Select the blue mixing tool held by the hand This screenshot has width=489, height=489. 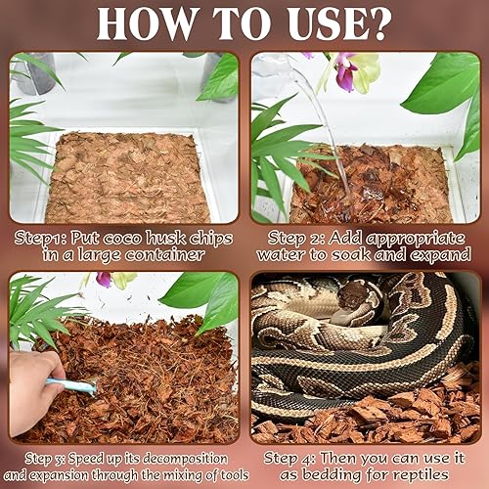pyautogui.click(x=77, y=386)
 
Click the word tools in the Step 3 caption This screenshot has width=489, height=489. pyautogui.click(x=218, y=476)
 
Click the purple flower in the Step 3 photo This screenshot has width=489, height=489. pyautogui.click(x=104, y=280)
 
